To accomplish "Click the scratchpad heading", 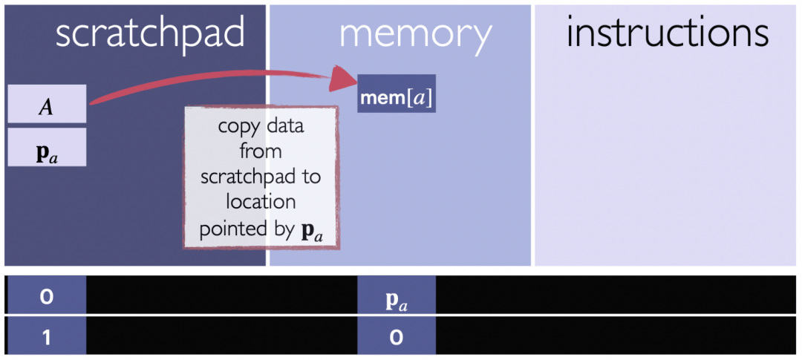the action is [x=150, y=35].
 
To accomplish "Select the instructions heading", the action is [x=668, y=33].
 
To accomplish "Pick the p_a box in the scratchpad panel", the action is [x=47, y=147].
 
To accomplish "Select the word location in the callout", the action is [x=261, y=202].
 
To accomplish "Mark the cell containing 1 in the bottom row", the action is [x=47, y=337].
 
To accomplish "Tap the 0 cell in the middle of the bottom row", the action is [x=397, y=337].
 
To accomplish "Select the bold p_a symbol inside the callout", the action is [x=310, y=231].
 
